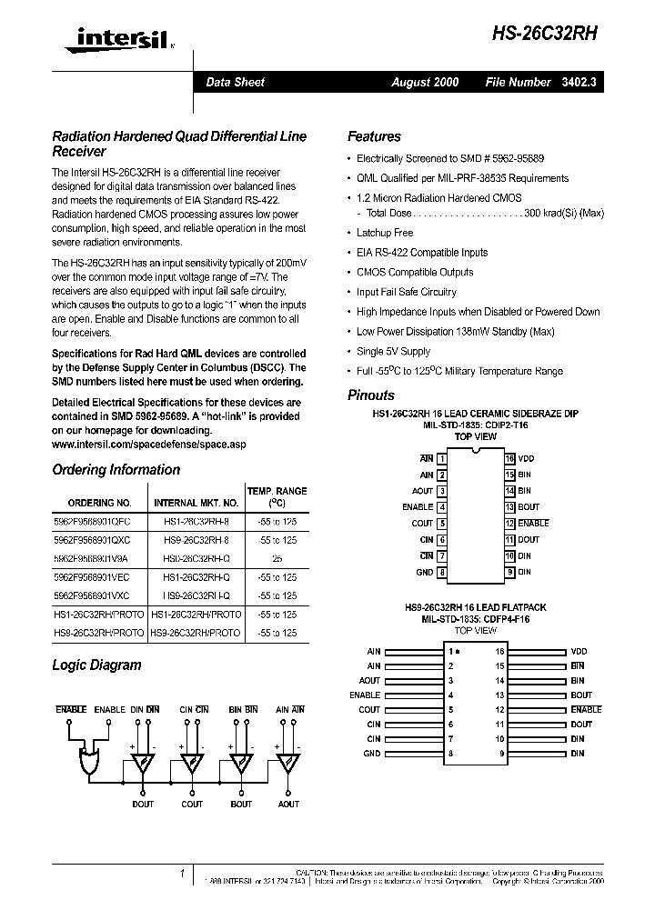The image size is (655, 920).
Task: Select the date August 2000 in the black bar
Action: pos(425,82)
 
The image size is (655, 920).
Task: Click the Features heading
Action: pos(374,136)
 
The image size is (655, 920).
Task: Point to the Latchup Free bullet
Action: pos(384,233)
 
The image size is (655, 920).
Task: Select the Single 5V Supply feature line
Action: pos(393,351)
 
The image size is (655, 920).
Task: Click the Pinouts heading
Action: pos(371,395)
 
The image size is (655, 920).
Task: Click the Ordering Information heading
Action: pos(116,470)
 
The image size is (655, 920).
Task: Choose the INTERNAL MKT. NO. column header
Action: pos(196,503)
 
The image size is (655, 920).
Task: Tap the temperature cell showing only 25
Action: pos(277,559)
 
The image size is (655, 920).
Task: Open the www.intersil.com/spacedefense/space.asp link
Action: pos(149,445)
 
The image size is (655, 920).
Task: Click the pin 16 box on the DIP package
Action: pos(510,459)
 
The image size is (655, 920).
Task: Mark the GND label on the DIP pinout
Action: pos(424,572)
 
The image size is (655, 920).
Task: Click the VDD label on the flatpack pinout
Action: pos(579,652)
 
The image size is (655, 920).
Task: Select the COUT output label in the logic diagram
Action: pos(192,804)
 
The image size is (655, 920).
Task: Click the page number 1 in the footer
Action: pos(183,874)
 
